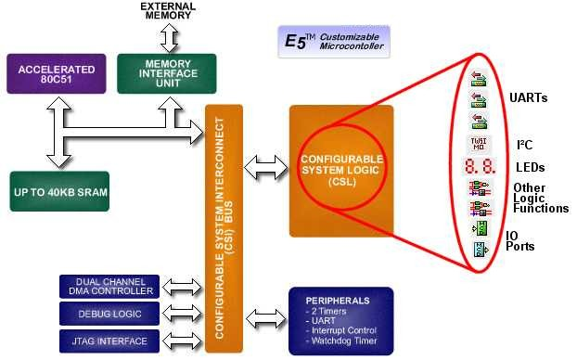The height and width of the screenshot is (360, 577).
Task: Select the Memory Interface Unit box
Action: [x=167, y=72]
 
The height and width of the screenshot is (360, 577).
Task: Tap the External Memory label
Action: [x=168, y=11]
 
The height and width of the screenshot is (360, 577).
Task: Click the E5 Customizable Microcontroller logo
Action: [x=334, y=42]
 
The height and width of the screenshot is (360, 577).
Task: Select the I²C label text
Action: [x=525, y=145]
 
